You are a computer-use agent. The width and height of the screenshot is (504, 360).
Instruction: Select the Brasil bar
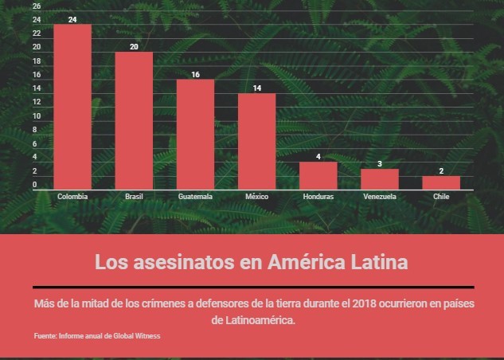click(x=134, y=120)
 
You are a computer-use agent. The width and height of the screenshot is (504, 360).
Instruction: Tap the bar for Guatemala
click(x=195, y=135)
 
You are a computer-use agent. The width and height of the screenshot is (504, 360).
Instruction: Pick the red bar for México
click(x=256, y=141)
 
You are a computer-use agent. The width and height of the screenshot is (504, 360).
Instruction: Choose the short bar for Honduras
click(x=318, y=175)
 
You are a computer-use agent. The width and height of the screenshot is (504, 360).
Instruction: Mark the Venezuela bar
click(x=379, y=179)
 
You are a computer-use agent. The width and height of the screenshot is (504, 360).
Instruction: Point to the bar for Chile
click(x=440, y=182)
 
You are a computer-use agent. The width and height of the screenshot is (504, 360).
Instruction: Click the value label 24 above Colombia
click(x=72, y=19)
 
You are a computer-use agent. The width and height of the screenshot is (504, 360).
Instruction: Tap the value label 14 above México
click(x=256, y=88)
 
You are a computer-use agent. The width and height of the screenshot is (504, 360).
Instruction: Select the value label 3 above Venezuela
click(x=379, y=163)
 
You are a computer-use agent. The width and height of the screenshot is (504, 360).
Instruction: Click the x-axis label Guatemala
click(x=195, y=197)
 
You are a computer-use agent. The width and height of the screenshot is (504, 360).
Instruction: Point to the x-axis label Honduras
click(x=318, y=197)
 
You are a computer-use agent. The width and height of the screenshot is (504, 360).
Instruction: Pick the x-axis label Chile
click(x=440, y=197)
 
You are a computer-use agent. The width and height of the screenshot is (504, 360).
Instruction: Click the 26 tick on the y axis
click(x=36, y=6)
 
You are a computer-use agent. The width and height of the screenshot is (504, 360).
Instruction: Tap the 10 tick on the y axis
click(x=36, y=116)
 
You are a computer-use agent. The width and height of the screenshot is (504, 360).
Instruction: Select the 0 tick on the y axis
click(x=34, y=186)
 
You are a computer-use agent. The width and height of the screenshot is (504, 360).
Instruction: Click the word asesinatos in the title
click(x=196, y=262)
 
